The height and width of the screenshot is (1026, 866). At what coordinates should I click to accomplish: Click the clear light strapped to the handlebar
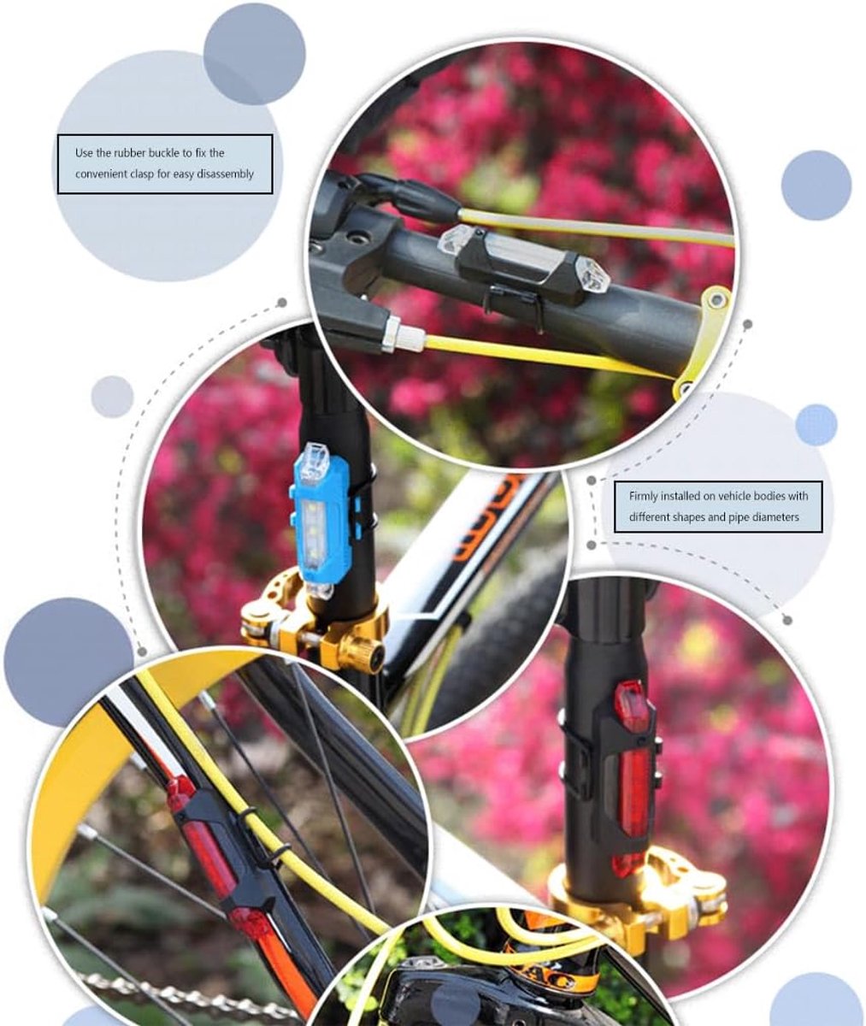pos(524,258)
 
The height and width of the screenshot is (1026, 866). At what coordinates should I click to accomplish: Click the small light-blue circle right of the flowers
pos(816,425)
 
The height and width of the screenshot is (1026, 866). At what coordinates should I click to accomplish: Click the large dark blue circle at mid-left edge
pos(68,662)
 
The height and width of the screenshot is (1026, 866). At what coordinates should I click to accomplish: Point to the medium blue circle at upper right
pos(816,186)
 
